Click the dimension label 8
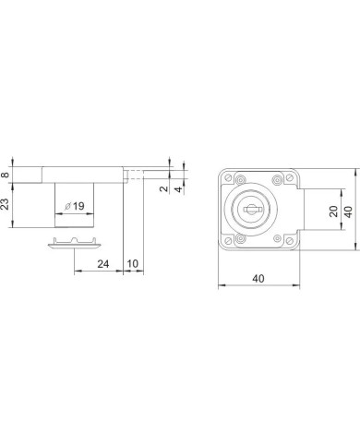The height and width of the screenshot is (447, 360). tap(6, 175)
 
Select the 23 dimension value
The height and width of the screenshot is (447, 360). tap(6, 204)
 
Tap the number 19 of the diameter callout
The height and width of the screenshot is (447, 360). tap(78, 206)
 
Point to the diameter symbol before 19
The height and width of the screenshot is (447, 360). tap(67, 206)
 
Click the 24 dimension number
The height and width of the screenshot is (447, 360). tap(103, 264)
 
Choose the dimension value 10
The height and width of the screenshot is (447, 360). tap(133, 264)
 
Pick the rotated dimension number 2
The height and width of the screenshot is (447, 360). tap(164, 188)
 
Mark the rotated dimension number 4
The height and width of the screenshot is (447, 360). tap(179, 189)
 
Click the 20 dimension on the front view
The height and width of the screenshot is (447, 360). tap(334, 211)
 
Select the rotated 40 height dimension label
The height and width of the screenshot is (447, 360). tap(348, 211)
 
